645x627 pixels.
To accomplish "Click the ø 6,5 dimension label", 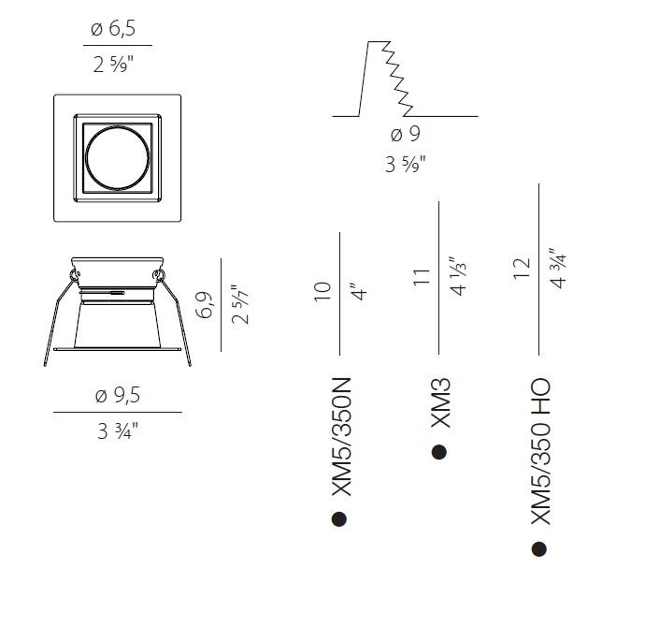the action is point(113,29).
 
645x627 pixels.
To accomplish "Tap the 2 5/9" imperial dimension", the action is point(113,65).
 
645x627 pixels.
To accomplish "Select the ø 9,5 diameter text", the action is point(118,395).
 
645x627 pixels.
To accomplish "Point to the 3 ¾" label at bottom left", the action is point(118,431).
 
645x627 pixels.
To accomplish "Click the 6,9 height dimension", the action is point(205,305).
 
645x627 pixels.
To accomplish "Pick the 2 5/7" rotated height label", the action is point(240,305).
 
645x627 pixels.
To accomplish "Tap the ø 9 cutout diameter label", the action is point(405,134).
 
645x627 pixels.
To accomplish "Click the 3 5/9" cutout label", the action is point(405,164).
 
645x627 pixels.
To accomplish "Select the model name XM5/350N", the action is point(341,437).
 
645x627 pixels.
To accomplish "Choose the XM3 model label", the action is point(440,403).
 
